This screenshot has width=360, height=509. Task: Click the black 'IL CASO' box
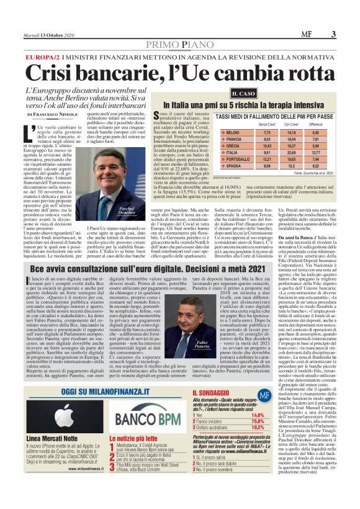tap(243, 94)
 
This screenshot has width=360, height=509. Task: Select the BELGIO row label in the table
tap(237, 132)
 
